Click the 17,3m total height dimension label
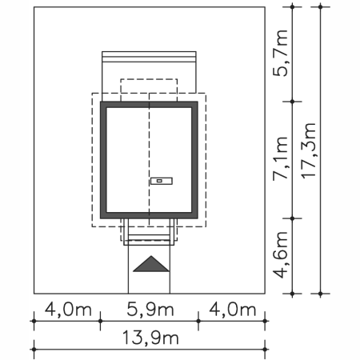(309, 150)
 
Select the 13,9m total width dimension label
(150, 338)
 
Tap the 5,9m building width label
(150, 310)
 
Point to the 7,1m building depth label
(281, 158)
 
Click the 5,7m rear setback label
(281, 53)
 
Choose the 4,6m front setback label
(281, 254)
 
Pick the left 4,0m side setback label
(68, 310)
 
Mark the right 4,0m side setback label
(233, 310)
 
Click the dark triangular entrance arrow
(151, 264)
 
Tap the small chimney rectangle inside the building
(162, 181)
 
